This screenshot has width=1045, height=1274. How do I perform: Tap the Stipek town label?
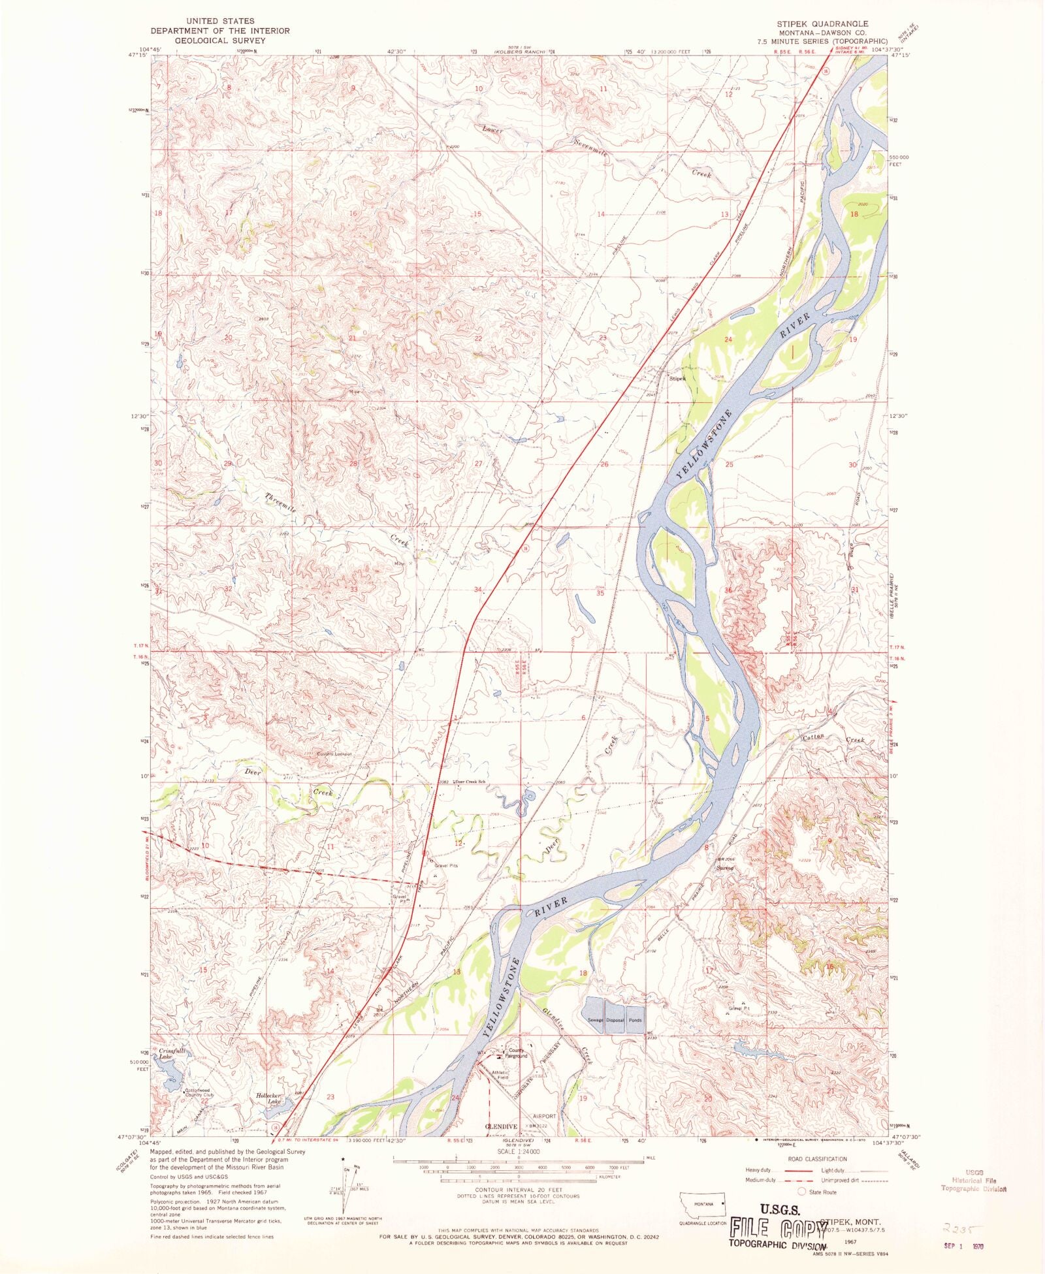(676, 378)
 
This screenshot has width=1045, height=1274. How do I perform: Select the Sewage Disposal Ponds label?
(615, 1020)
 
